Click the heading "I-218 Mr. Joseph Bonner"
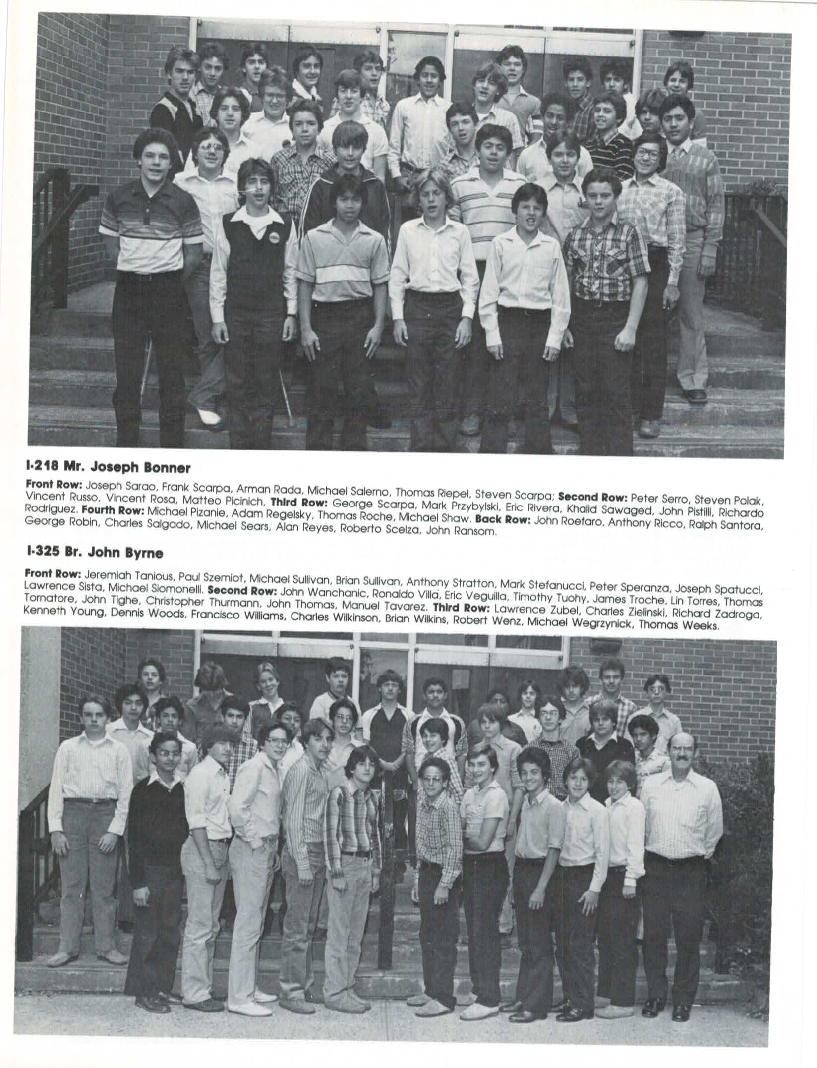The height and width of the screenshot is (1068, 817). [x=108, y=467]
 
